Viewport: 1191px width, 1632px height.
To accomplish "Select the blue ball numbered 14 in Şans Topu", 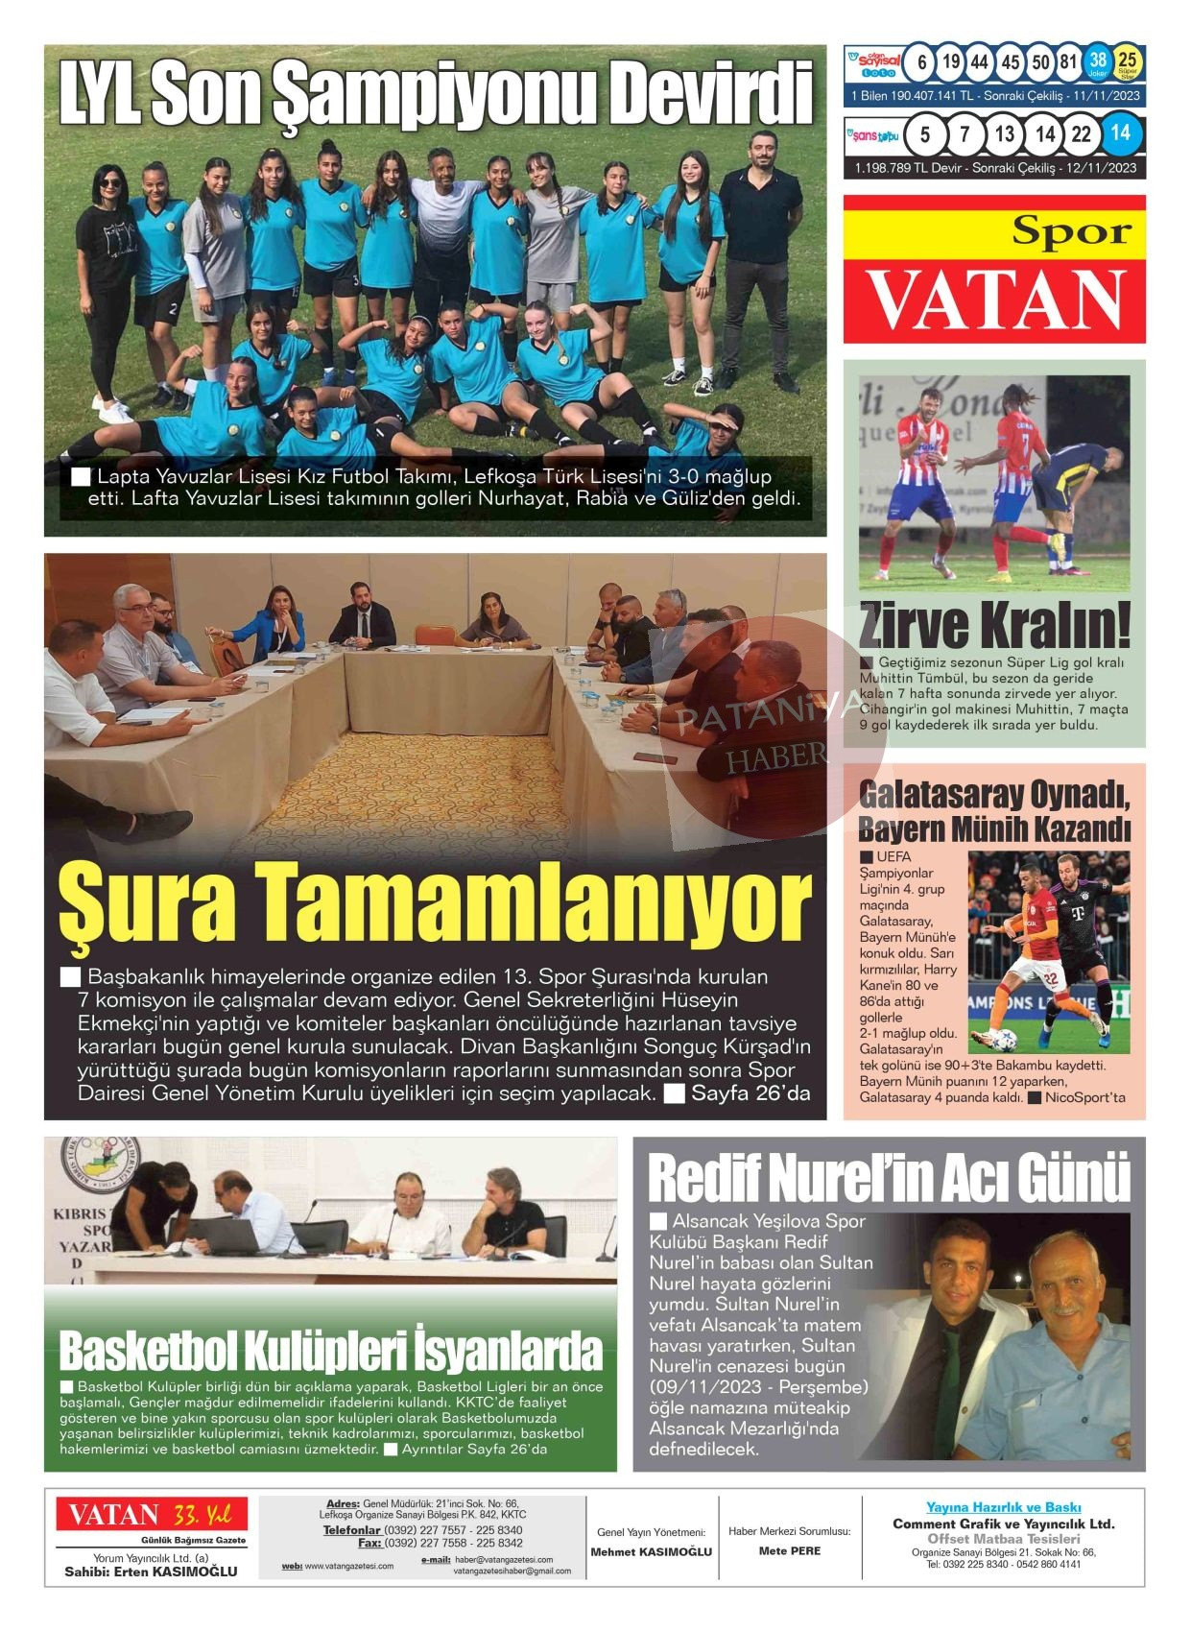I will (x=1120, y=133).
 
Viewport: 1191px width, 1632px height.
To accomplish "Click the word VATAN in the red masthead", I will (x=995, y=300).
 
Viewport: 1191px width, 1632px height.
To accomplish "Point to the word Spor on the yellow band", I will (x=1071, y=231).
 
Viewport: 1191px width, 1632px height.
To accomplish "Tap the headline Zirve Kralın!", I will (x=994, y=625).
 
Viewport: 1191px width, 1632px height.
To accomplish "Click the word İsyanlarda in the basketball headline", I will (x=509, y=1352).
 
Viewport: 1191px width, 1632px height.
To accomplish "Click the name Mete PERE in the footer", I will (x=789, y=1550).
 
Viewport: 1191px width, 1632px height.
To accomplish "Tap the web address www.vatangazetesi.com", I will (x=348, y=1566).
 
